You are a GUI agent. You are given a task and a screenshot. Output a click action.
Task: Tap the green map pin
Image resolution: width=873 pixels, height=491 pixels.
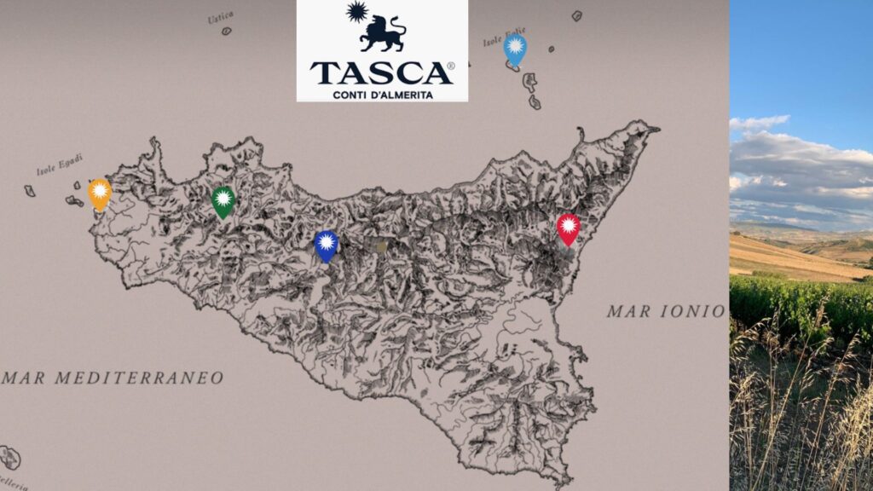tap(223, 200)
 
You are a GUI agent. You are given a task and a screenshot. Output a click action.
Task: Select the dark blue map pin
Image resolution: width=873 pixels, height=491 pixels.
tap(327, 245)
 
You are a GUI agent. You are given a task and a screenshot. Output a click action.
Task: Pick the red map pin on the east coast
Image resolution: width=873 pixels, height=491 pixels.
tap(569, 228)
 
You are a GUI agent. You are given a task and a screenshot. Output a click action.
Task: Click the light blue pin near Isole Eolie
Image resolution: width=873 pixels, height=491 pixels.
tap(515, 48)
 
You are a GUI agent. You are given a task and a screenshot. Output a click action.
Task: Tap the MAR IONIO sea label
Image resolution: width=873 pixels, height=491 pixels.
tap(666, 311)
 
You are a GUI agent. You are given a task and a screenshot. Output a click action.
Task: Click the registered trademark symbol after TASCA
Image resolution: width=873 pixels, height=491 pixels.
tap(451, 66)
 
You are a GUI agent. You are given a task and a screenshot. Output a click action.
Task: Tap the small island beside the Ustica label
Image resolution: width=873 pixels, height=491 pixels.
tap(227, 31)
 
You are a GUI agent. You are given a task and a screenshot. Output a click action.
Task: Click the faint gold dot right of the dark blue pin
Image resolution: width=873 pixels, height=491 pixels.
tap(381, 246)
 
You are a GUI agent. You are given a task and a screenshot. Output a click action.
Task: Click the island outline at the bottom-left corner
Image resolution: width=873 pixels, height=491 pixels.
tap(10, 458)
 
